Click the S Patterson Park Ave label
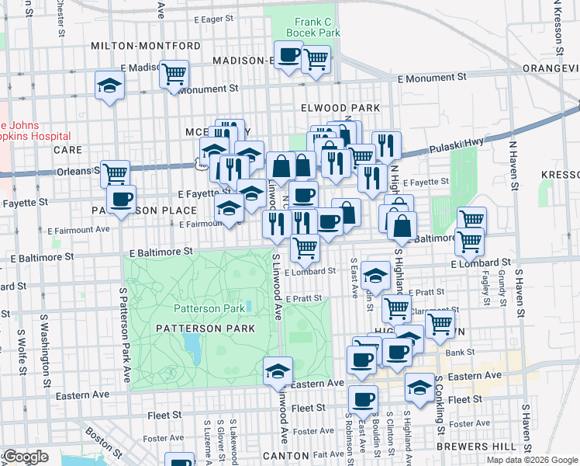point(125,335)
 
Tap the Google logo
point(26,457)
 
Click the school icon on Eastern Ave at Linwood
point(277,371)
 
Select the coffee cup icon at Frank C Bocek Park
point(289,55)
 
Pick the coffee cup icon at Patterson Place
point(121,199)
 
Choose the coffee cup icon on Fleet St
point(362,400)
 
